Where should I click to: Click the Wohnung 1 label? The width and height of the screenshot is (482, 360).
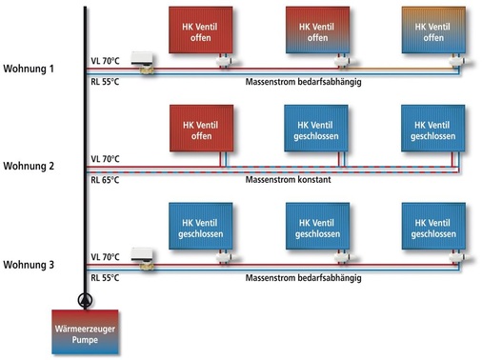(31, 69)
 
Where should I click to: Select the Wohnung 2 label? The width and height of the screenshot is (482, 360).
(31, 166)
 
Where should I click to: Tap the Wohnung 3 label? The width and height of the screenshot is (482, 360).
(31, 263)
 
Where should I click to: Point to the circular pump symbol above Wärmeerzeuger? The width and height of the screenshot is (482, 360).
(86, 297)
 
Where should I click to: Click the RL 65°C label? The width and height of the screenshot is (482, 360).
(105, 178)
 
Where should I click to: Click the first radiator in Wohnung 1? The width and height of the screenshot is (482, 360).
(200, 30)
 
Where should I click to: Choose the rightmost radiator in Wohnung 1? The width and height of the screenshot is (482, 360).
(434, 30)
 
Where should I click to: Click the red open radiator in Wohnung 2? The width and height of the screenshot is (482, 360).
(200, 129)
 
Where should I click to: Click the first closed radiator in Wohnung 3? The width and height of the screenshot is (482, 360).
(200, 227)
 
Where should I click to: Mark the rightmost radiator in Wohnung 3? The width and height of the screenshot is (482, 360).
(434, 227)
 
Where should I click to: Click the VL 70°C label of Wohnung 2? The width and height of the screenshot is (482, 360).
(105, 158)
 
